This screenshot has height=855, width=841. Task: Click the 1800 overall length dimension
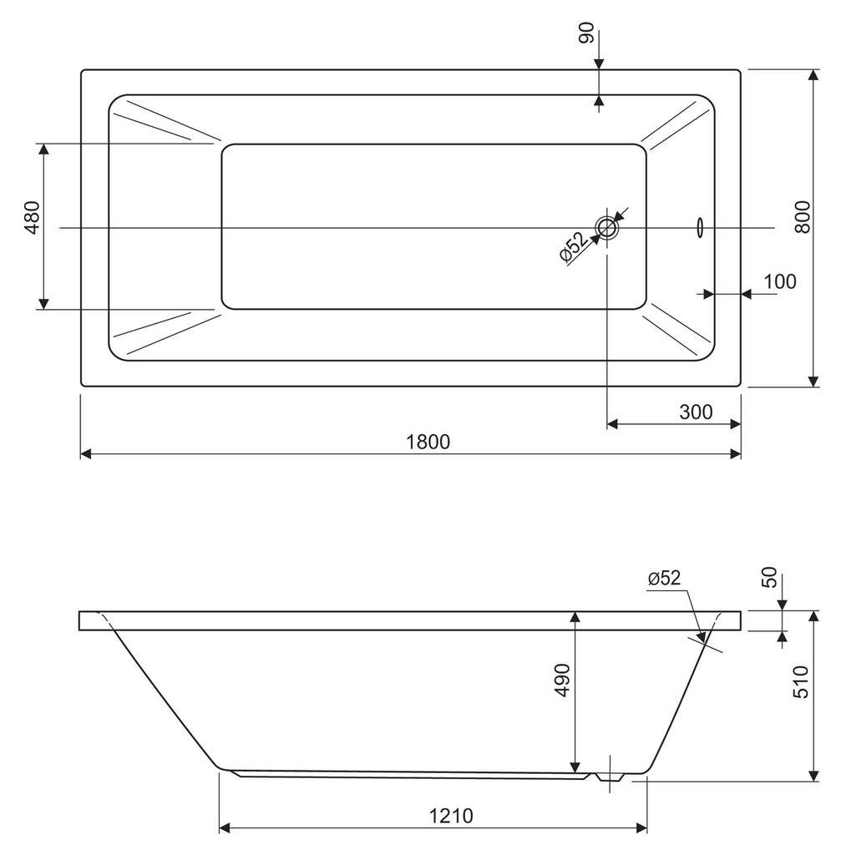coord(428,441)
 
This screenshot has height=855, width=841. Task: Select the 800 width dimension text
coord(803,218)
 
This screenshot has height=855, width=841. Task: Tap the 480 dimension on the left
coord(33,218)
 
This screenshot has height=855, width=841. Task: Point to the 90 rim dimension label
coord(587,33)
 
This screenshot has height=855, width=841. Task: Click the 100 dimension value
coord(780,281)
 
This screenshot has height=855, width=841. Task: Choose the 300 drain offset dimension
coord(696,412)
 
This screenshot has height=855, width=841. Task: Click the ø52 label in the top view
coord(575,247)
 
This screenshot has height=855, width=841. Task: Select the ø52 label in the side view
coord(664,578)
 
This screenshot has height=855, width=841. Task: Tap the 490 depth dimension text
coord(562,680)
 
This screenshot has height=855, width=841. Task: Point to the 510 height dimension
coord(801,681)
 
